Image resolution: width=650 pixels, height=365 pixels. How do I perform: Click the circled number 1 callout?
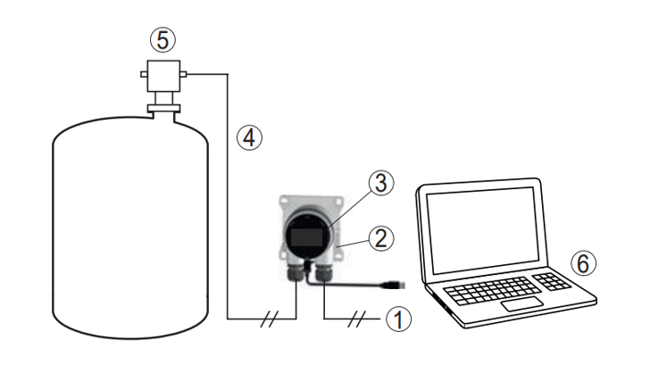(399, 317)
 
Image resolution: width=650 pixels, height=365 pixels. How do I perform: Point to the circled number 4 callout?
(249, 137)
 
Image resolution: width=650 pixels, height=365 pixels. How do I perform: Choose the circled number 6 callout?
(581, 263)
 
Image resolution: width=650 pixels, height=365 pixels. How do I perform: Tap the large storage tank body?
(129, 223)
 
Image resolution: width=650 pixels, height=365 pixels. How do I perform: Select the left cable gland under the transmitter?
(296, 271)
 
